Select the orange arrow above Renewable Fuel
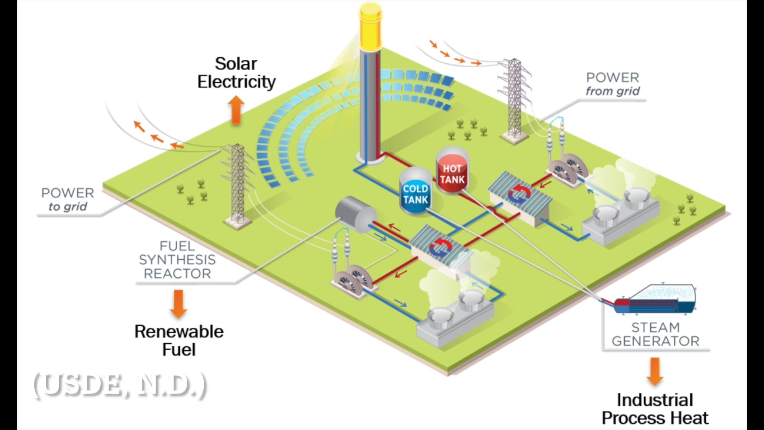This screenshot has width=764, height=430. (178, 303)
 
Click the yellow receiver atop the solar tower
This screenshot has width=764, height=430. (370, 25)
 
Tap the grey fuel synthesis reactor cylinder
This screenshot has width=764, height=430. (355, 215)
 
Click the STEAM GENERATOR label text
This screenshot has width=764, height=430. (655, 334)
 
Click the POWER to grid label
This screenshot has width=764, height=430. (68, 199)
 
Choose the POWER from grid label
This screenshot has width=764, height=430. (612, 84)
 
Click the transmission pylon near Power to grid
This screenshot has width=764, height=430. (238, 183)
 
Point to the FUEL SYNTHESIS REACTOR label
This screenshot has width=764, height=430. (177, 260)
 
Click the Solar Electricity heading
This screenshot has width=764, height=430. (236, 73)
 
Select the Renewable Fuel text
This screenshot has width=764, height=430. (179, 340)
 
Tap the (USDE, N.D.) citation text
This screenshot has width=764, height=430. (119, 385)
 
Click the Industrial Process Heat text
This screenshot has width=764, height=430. (655, 409)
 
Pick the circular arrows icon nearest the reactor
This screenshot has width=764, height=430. (440, 247)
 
